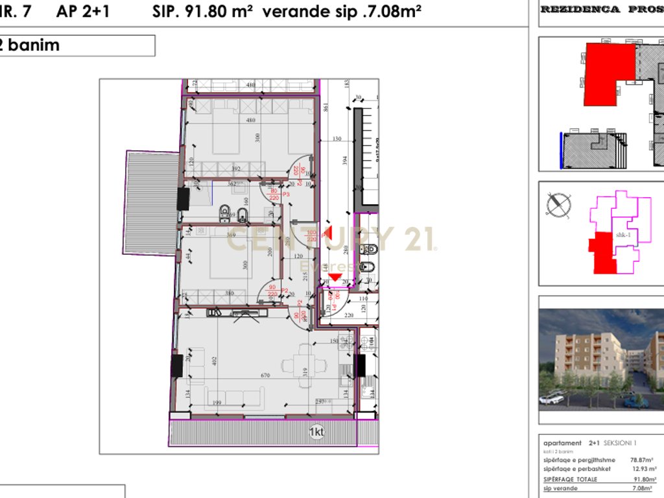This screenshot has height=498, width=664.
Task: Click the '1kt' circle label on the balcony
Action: click(x=316, y=432)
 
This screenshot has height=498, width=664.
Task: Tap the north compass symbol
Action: click(x=558, y=205)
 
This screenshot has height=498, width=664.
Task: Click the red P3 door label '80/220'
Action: click(x=274, y=195)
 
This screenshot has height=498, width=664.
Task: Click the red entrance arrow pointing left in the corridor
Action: click(x=329, y=230)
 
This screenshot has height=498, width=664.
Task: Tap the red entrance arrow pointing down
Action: click(x=335, y=278)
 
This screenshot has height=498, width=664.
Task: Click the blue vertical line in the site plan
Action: click(x=561, y=150)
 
